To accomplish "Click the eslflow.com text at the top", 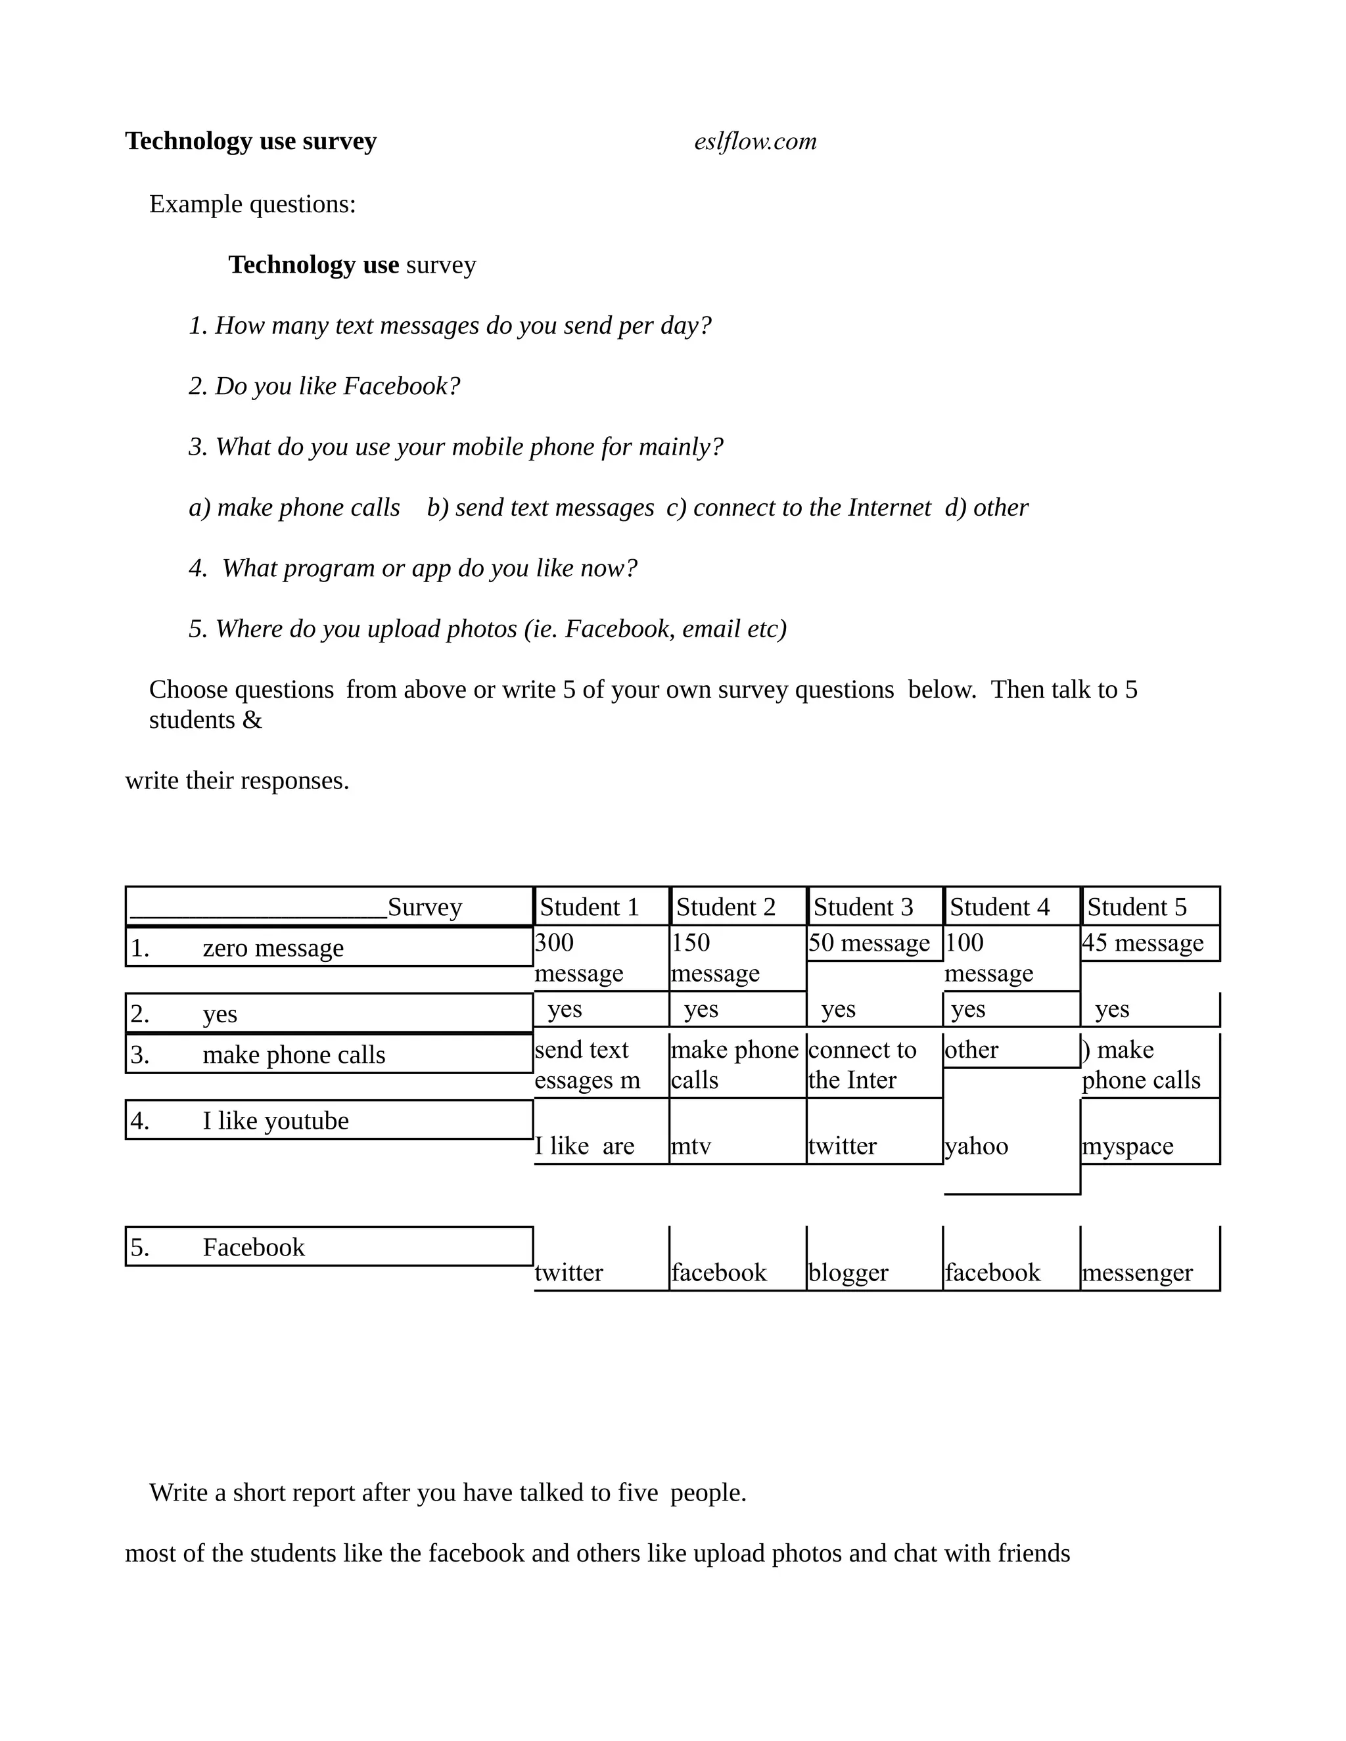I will (755, 141).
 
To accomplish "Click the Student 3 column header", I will (863, 907).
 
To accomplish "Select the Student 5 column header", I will (1136, 907).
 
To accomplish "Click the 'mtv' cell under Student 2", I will (691, 1146).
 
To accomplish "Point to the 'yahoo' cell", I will (977, 1146).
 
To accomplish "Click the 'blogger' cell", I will (848, 1273).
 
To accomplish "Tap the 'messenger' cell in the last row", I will (1137, 1273).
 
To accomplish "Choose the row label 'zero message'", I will (273, 948).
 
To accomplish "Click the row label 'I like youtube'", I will (275, 1121).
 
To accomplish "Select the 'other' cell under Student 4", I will (971, 1049).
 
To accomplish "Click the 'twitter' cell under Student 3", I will (842, 1146).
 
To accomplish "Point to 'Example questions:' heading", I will (252, 204).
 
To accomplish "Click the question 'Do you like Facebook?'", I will (325, 386).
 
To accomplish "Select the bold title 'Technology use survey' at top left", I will (250, 141).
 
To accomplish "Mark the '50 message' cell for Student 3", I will (869, 943).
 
